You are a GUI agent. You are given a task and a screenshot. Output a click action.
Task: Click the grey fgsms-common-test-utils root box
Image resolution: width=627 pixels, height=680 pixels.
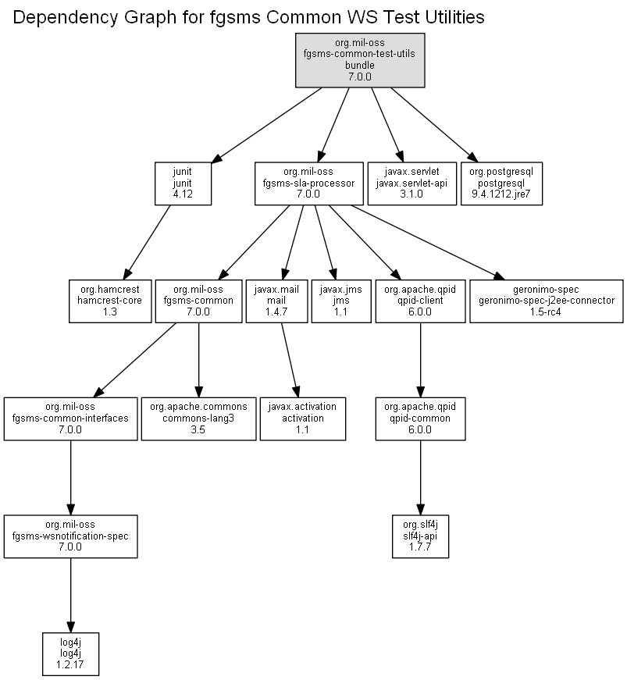point(360,60)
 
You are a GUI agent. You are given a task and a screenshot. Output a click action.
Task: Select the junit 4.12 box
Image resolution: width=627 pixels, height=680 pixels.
point(183,183)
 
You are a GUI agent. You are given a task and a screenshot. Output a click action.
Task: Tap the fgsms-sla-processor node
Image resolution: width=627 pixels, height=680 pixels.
point(308,183)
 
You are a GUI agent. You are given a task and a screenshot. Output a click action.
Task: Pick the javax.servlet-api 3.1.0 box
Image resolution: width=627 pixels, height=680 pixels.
point(412,183)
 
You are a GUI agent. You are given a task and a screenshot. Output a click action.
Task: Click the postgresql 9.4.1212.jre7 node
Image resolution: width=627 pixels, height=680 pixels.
point(501,183)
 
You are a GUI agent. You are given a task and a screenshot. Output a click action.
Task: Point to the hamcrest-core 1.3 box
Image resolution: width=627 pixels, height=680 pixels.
point(110,301)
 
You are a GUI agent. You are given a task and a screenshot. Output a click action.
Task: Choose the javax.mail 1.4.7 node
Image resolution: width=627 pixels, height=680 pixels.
point(276,301)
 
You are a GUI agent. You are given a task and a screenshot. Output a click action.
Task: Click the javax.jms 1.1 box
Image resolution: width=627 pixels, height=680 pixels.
point(341,301)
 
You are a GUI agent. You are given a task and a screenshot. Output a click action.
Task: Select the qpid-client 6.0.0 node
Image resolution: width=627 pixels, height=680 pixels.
point(420,301)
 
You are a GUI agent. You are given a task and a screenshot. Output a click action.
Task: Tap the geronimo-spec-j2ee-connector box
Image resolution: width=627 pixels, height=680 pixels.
point(547,301)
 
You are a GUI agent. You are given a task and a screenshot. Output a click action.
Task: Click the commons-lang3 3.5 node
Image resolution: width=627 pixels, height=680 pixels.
point(198,418)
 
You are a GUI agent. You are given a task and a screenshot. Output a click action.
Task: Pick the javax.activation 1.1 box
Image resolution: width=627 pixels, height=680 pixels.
point(303,418)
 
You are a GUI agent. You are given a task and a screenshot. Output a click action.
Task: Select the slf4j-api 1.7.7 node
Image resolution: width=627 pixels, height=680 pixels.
point(420,536)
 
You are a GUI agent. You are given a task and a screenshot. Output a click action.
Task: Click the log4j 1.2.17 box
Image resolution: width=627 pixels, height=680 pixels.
point(71,654)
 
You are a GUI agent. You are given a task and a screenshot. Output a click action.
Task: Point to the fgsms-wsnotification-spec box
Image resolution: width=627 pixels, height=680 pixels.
point(71,536)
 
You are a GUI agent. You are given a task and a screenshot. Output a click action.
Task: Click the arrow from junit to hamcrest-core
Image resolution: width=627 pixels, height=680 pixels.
point(147,243)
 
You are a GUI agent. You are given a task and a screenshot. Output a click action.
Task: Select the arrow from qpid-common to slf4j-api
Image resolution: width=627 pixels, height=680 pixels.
point(420,478)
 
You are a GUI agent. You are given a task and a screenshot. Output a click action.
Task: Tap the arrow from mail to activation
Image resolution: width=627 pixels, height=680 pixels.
point(290,360)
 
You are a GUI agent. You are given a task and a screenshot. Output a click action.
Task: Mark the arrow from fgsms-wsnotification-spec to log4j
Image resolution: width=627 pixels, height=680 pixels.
point(71,596)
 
